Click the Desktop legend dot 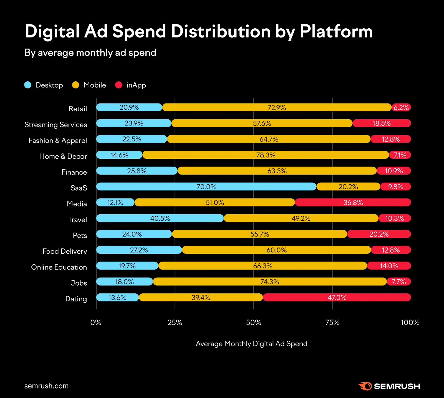(28, 85)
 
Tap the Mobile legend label (95, 85)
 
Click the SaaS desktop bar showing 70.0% (206, 187)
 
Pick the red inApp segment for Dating (337, 298)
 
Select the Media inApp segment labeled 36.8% (353, 202)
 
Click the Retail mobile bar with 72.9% (277, 107)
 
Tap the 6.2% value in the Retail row (401, 107)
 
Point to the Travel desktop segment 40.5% (160, 218)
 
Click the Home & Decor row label (63, 156)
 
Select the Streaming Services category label (56, 125)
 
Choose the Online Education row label (59, 267)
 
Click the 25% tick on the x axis (175, 323)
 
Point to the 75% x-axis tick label (332, 323)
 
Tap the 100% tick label (410, 323)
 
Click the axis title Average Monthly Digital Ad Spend (251, 344)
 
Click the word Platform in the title (336, 31)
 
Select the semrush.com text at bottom (46, 386)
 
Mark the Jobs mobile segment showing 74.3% (270, 282)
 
